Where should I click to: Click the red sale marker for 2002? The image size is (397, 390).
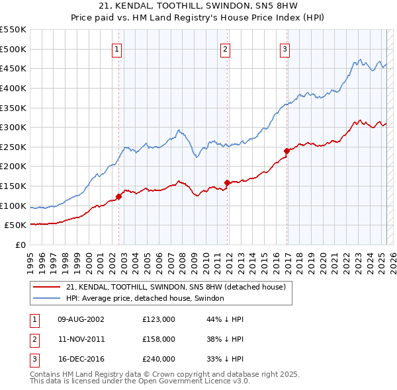pyautogui.click(x=119, y=196)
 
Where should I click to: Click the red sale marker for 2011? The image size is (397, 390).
pyautogui.click(x=228, y=182)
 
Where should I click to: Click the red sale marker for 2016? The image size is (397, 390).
pyautogui.click(x=287, y=150)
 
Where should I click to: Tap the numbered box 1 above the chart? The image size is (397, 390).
pyautogui.click(x=116, y=48)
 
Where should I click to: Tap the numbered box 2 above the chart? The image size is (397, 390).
pyautogui.click(x=225, y=48)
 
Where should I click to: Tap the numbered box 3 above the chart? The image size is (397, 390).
pyautogui.click(x=285, y=48)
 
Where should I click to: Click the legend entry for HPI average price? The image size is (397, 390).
pyautogui.click(x=145, y=298)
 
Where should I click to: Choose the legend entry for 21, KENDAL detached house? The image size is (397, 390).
pyautogui.click(x=175, y=287)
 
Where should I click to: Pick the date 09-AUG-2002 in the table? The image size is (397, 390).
pyautogui.click(x=81, y=319)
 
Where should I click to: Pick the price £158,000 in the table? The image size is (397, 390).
pyautogui.click(x=159, y=339)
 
